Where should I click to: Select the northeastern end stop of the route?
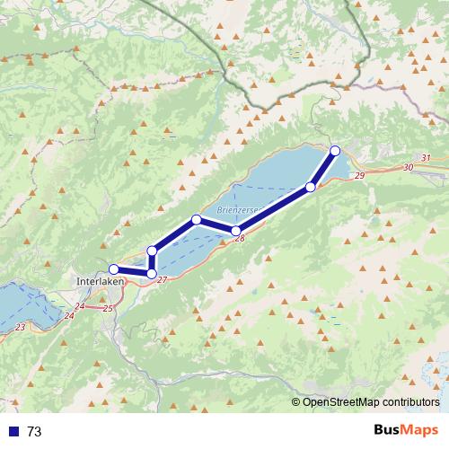(x=336, y=150)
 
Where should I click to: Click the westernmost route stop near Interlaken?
(x=114, y=269)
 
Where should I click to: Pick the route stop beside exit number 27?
(x=152, y=273)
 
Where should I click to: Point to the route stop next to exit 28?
(x=236, y=231)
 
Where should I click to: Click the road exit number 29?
(x=359, y=176)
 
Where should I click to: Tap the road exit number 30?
(x=409, y=167)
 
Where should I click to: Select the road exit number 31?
(x=426, y=158)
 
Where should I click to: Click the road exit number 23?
(x=21, y=328)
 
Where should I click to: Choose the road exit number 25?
(x=108, y=308)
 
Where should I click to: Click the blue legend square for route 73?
(x=13, y=431)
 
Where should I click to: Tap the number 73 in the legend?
(x=34, y=431)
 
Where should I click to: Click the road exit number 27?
(x=162, y=280)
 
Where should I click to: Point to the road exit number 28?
(x=240, y=239)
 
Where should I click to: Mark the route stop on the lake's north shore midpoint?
(x=197, y=219)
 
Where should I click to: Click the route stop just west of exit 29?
(x=311, y=187)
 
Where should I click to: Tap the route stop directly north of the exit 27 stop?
(x=153, y=251)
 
